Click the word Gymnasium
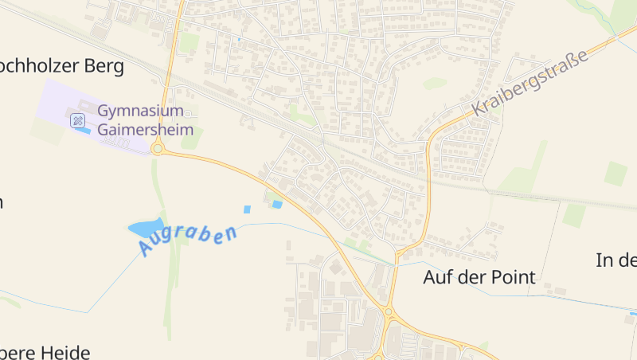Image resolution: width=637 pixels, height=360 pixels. pyautogui.click(x=141, y=110)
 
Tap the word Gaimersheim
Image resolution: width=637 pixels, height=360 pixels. pyautogui.click(x=145, y=129)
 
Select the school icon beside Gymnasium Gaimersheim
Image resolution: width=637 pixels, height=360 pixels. pyautogui.click(x=77, y=120)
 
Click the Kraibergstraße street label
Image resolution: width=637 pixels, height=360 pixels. pyautogui.click(x=529, y=82)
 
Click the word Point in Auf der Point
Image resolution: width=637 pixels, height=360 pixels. pyautogui.click(x=512, y=277)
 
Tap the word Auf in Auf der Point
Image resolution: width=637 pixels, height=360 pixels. pyautogui.click(x=436, y=277)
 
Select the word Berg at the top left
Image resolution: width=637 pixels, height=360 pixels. pyautogui.click(x=106, y=66)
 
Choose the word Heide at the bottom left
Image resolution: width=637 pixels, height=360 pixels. pyautogui.click(x=64, y=352)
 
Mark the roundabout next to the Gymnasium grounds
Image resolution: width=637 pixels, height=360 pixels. pyautogui.click(x=158, y=148)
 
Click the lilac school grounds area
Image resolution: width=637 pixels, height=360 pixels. pyautogui.click(x=56, y=100)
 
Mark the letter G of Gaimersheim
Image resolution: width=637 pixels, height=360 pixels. pyautogui.click(x=104, y=129)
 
